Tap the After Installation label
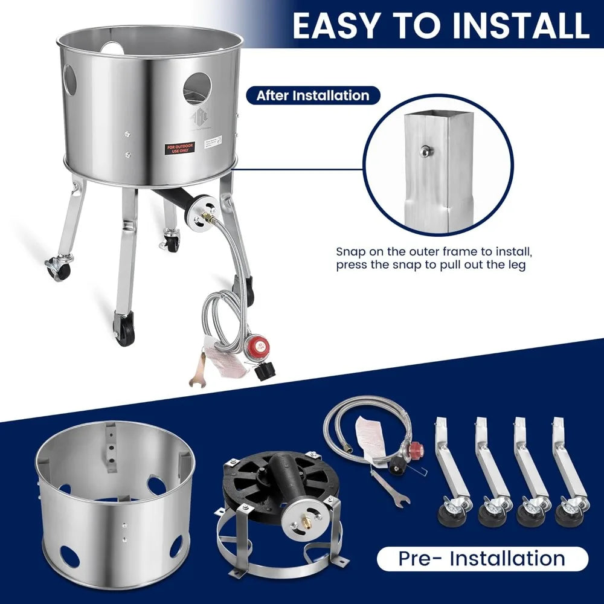(x=312, y=95)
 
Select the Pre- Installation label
(x=481, y=559)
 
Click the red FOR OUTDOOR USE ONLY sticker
(x=182, y=148)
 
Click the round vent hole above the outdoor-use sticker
(x=197, y=89)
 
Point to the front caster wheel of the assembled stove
(x=125, y=331)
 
